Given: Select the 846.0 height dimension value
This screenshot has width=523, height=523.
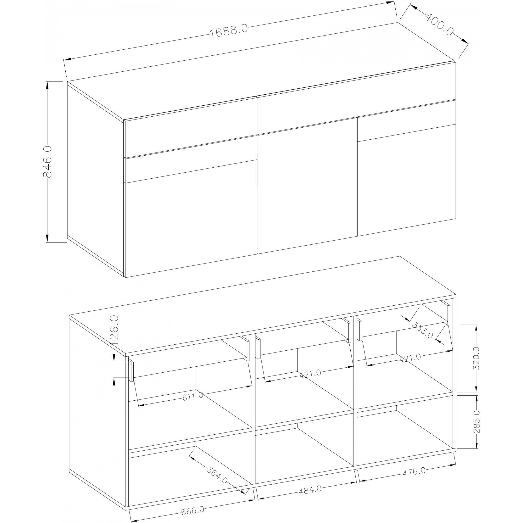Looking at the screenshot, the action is (x=47, y=162).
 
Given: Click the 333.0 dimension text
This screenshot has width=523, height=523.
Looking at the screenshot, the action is (x=422, y=330).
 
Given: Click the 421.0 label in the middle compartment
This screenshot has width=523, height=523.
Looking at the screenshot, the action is (x=310, y=374).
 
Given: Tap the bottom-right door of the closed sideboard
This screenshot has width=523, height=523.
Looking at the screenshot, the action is (x=407, y=180).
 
